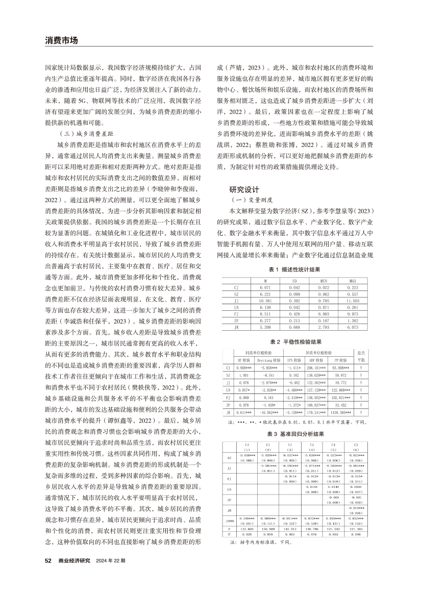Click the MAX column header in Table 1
tap(352, 281)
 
